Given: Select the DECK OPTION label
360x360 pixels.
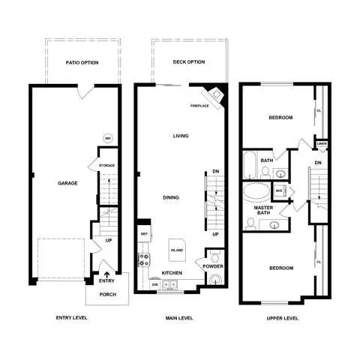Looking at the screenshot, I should [x=189, y=62].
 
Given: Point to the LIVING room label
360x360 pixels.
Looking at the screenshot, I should [x=181, y=136].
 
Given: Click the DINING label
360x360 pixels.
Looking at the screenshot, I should [x=170, y=197].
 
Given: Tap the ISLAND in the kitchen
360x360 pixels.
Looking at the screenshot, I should [x=177, y=250].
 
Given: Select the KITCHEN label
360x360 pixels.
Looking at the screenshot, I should [x=172, y=273].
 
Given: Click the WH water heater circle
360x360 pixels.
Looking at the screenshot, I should [x=108, y=138].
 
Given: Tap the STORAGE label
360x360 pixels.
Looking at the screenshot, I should [x=106, y=165].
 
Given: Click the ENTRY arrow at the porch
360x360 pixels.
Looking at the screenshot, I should [x=106, y=274].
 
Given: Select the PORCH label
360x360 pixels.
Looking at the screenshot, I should [x=107, y=294].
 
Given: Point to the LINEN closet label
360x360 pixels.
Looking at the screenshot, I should [x=321, y=143].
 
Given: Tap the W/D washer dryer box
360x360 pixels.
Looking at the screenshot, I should [x=278, y=191].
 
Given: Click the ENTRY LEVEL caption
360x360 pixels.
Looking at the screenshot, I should [x=72, y=318].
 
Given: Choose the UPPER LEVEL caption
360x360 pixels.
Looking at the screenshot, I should [x=282, y=318].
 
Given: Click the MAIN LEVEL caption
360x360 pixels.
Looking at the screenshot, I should [x=179, y=318].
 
